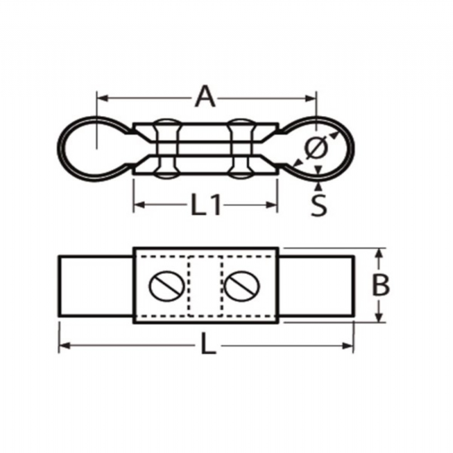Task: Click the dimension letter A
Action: (205, 96)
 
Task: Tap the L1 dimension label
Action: (206, 205)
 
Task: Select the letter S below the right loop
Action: (318, 205)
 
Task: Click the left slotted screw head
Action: (167, 286)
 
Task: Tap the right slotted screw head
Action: (242, 286)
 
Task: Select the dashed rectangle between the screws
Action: (205, 286)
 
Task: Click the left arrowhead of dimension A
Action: (102, 98)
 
